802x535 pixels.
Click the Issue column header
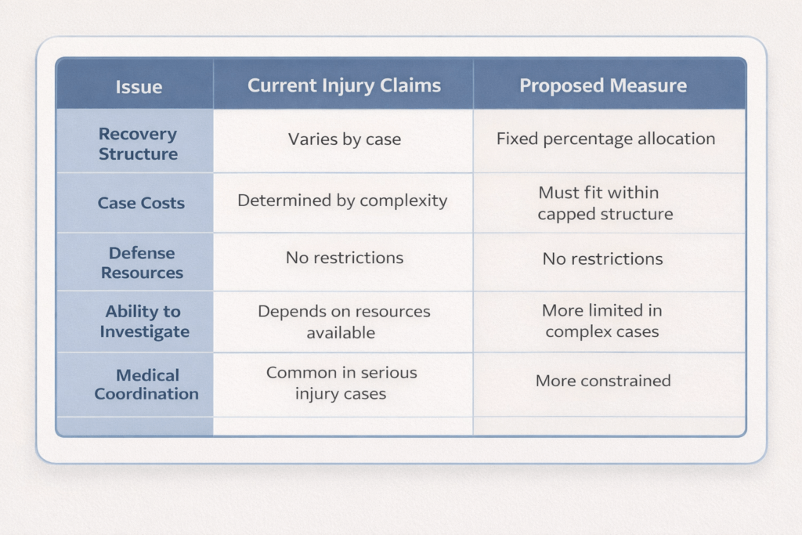pos(139,86)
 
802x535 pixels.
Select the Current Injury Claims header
pos(344,85)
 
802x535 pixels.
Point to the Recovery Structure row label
pos(138,143)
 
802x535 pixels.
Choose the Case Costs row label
pos(141,203)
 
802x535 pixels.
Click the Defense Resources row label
pos(142,262)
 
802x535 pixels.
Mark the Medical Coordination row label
pos(146,384)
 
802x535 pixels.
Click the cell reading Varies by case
pos(344,139)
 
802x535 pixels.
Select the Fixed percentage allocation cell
pos(605,139)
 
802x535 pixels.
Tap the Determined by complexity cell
pos(342,201)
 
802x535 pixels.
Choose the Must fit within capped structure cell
pos(605,203)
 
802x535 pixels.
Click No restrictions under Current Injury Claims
pos(344,257)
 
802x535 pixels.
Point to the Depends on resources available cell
pos(344,322)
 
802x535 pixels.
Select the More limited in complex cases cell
pos(601,320)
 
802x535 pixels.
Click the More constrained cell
pos(603,381)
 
